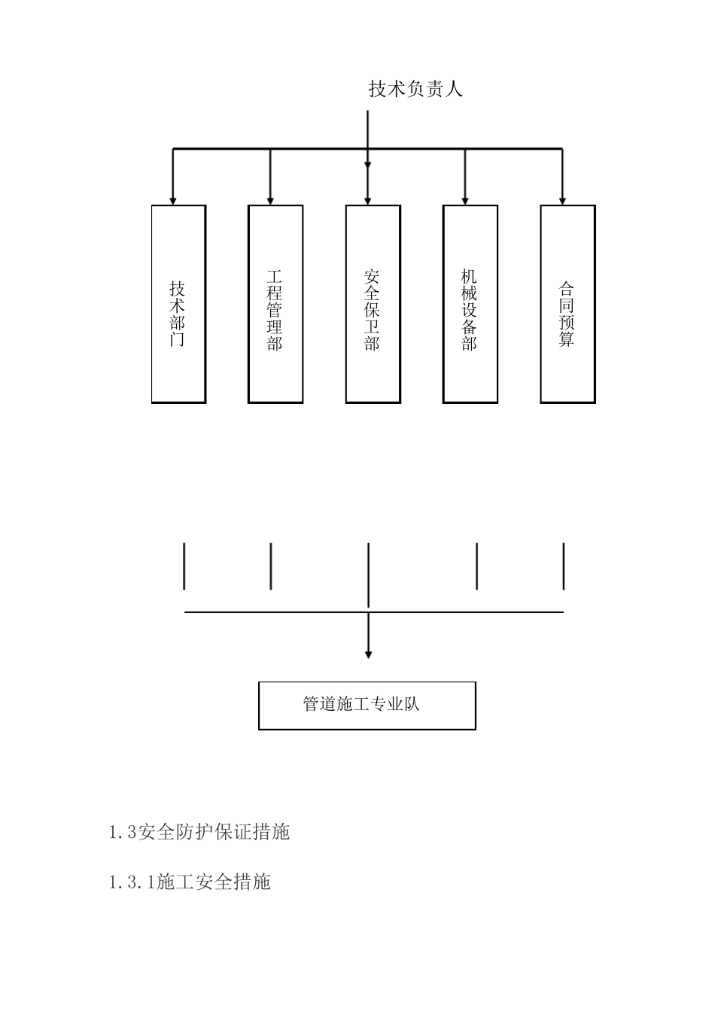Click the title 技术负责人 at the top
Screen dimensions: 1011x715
coord(415,89)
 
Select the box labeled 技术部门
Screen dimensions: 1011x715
coord(178,304)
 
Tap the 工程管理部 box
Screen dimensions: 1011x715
coord(275,304)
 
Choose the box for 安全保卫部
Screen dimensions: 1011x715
coord(373,304)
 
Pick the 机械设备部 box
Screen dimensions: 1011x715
coord(470,304)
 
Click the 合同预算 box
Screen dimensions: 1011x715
coord(567,304)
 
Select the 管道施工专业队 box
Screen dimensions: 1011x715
coord(367,706)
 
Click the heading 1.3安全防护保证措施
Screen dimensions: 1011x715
coord(199,832)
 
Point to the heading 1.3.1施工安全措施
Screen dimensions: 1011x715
coord(190,882)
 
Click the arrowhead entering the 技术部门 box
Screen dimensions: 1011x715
coord(173,200)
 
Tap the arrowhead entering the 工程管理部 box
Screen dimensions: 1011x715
coord(270,200)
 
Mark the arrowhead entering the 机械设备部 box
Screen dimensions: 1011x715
coord(465,200)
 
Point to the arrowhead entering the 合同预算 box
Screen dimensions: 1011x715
coord(562,200)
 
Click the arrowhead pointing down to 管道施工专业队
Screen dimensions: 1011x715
coord(368,654)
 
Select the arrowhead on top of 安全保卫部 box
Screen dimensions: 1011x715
coord(368,200)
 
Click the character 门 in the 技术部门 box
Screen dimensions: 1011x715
coord(178,339)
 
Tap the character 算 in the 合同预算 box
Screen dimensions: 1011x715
coord(567,339)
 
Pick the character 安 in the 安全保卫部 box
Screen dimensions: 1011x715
coord(372,275)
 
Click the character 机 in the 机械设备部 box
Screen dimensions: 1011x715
coord(470,275)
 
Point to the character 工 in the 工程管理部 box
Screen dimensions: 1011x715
coord(275,275)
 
